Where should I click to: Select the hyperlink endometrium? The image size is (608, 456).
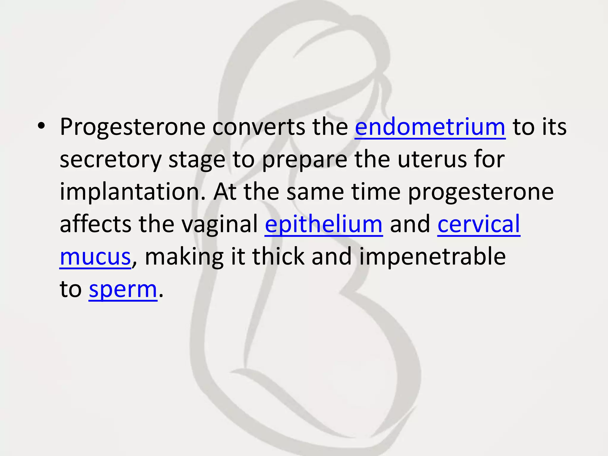click(430, 127)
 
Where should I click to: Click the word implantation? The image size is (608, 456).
click(132, 192)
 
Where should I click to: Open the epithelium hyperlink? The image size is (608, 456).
click(324, 224)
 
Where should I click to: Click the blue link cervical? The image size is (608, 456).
click(479, 224)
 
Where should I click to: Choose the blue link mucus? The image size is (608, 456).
click(95, 257)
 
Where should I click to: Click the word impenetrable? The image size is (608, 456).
click(433, 256)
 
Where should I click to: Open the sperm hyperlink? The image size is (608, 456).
click(123, 289)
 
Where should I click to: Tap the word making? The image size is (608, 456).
click(184, 257)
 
